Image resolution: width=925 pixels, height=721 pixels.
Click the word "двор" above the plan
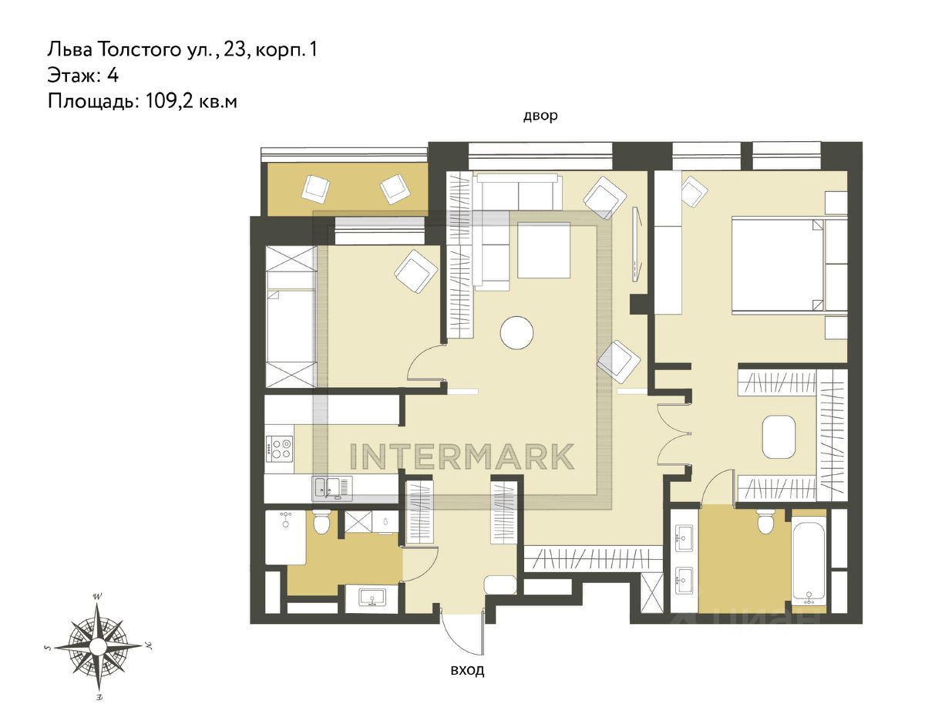tap(540, 116)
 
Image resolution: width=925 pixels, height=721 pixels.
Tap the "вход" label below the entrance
tap(467, 671)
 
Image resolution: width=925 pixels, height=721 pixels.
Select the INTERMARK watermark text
tap(462, 456)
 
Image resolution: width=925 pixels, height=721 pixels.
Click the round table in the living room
tap(516, 332)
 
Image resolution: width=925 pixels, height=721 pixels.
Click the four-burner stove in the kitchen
tap(279, 450)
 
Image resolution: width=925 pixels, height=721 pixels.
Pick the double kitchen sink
tap(334, 488)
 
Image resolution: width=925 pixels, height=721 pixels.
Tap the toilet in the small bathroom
tap(321, 522)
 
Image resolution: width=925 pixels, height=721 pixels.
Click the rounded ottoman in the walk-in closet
tap(779, 443)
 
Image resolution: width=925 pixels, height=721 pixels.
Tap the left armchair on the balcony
tap(315, 188)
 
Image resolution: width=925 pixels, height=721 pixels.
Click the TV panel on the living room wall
tap(637, 243)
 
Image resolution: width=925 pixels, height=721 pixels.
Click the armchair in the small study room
tap(416, 271)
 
